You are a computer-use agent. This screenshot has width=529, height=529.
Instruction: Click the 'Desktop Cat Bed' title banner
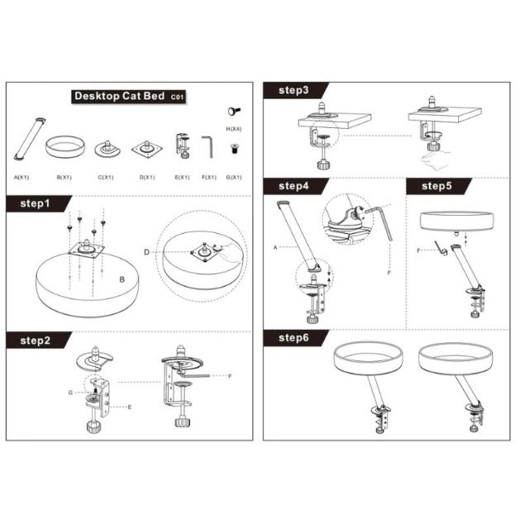129,97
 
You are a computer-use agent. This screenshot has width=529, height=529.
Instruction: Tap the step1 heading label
35,203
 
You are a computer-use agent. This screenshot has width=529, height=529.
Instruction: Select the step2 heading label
35,341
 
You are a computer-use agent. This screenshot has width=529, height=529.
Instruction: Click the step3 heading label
293,90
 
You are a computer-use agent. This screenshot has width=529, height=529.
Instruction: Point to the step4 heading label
293,186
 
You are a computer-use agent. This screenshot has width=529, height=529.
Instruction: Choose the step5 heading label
436,186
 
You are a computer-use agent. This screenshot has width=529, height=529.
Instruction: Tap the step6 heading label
293,338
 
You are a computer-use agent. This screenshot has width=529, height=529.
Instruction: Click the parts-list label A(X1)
21,177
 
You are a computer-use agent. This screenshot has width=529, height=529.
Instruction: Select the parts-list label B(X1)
64,177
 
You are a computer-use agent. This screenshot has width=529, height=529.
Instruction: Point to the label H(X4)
233,129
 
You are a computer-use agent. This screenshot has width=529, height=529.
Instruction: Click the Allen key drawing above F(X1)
207,147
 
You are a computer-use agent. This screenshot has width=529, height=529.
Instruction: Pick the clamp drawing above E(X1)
183,145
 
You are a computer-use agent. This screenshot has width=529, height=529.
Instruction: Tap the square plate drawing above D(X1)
147,149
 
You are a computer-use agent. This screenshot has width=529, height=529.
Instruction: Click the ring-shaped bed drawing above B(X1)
65,146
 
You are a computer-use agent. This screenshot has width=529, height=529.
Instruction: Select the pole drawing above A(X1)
30,139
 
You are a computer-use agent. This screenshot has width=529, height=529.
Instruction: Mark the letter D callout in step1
146,252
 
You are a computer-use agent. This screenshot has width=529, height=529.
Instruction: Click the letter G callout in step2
70,393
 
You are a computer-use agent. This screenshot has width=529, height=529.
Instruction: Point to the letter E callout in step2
130,407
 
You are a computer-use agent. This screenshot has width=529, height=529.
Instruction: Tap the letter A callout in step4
275,248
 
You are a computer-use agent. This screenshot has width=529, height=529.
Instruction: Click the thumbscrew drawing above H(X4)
234,111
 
